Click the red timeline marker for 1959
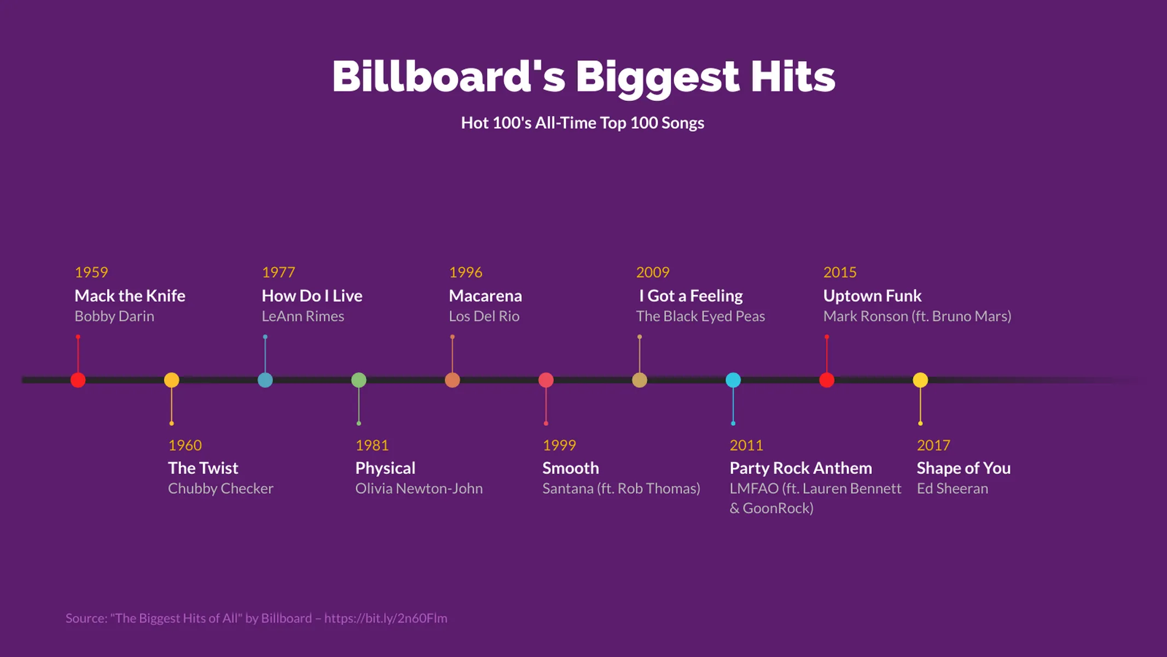(x=78, y=380)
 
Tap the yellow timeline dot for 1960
(x=172, y=380)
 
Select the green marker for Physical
(x=359, y=380)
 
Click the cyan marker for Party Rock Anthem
(x=733, y=380)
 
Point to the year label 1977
(x=278, y=272)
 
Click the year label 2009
(x=653, y=272)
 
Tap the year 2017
(x=933, y=445)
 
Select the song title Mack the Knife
(x=130, y=296)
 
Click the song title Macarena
(x=485, y=296)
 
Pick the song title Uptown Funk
(x=872, y=296)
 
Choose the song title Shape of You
(x=963, y=468)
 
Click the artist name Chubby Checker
(x=220, y=488)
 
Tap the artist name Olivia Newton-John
(x=419, y=488)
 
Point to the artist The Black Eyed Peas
(x=700, y=316)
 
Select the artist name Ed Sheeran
(x=953, y=488)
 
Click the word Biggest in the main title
(x=657, y=77)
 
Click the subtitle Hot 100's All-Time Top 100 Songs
(x=583, y=123)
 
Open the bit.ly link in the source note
(x=386, y=618)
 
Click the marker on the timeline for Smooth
(x=546, y=380)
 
